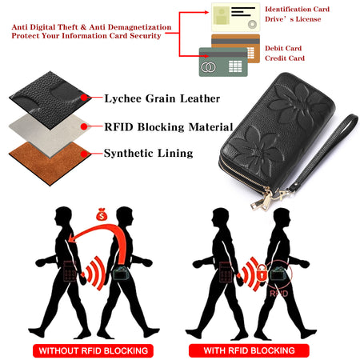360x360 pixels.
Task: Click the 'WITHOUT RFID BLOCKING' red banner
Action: coord(93,350)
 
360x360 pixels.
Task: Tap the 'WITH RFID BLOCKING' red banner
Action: coord(249,350)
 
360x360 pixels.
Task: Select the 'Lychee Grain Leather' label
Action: coord(162,98)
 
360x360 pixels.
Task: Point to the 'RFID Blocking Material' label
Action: coord(169,127)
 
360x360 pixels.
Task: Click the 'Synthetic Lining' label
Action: coord(148,154)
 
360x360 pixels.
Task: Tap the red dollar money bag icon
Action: coord(102,214)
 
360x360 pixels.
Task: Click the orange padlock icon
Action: coord(262,272)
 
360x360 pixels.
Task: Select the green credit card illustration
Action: coord(223,62)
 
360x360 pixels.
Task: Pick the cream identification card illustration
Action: coord(235,18)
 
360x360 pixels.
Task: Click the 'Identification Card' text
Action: coord(297,10)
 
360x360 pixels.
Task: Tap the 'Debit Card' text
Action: coord(283,48)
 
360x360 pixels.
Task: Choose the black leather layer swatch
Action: coord(50,100)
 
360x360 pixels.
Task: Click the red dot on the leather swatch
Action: coord(84,98)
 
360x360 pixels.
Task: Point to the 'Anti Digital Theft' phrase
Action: coord(45,27)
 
